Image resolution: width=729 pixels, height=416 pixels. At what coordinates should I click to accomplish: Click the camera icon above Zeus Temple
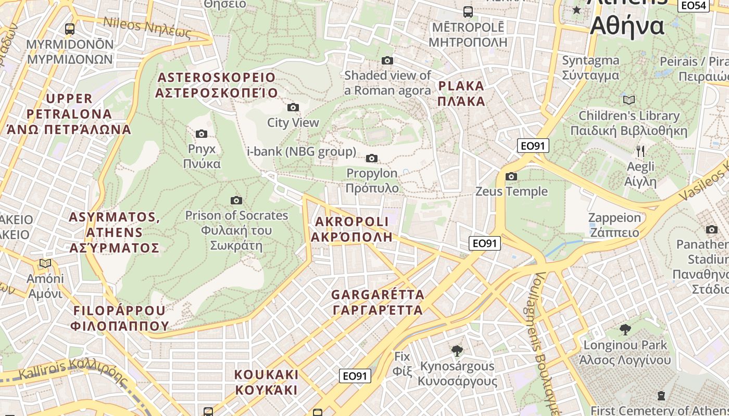click(x=511, y=177)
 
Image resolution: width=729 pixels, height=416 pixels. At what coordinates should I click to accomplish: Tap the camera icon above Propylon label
click(x=372, y=158)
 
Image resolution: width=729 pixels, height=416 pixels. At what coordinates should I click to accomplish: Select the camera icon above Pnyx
click(x=202, y=134)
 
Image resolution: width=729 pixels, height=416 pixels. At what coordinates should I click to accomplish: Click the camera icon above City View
click(x=293, y=108)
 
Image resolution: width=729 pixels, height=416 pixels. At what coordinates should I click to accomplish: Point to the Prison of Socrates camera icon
click(x=236, y=200)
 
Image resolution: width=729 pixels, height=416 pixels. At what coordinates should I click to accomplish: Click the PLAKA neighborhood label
click(x=462, y=94)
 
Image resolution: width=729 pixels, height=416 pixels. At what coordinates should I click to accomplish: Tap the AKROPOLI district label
click(x=351, y=229)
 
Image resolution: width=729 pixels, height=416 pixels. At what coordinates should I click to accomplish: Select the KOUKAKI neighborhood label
click(x=266, y=382)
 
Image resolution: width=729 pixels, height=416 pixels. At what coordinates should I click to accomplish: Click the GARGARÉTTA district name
click(x=378, y=302)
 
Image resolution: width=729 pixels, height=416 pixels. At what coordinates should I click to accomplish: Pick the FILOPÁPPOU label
click(x=120, y=318)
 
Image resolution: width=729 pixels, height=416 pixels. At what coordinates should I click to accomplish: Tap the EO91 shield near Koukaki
click(x=355, y=376)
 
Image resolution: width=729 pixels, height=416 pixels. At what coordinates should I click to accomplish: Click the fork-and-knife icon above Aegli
click(x=640, y=151)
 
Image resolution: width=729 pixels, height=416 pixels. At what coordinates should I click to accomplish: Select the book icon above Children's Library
click(x=629, y=100)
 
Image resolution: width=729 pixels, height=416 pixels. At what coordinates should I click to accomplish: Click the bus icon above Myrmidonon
click(x=70, y=29)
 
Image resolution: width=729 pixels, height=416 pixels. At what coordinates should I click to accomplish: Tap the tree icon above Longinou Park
click(x=625, y=329)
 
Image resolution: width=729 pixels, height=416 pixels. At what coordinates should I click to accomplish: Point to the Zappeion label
click(x=614, y=225)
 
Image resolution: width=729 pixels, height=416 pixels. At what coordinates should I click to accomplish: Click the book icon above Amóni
click(x=45, y=264)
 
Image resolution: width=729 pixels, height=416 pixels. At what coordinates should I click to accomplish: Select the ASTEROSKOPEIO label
click(x=216, y=85)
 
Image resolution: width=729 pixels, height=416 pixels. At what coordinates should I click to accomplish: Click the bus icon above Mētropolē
click(x=468, y=11)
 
